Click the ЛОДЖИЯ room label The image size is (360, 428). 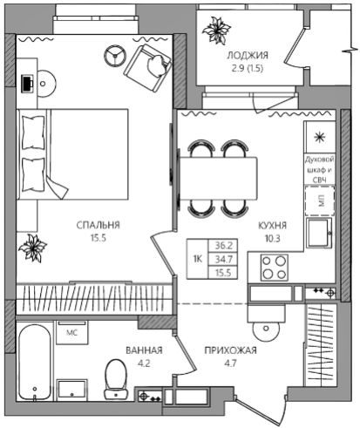(248, 55)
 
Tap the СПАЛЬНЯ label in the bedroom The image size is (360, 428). (98, 225)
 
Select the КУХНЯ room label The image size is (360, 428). (272, 226)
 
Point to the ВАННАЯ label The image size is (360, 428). (144, 350)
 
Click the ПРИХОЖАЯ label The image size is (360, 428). (230, 350)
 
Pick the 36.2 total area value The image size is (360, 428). (223, 246)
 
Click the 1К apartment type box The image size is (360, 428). (198, 259)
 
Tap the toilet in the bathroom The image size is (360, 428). (116, 379)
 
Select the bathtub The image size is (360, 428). (35, 363)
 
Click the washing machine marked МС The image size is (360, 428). (71, 332)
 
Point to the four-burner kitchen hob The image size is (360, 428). (275, 268)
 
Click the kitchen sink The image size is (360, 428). (319, 233)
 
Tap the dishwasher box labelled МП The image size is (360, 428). (320, 200)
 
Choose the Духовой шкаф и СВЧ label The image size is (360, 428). (319, 170)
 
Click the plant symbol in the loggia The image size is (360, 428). (216, 31)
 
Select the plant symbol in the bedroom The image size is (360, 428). (32, 248)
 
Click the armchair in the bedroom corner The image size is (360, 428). (147, 69)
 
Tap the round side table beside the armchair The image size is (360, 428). (115, 56)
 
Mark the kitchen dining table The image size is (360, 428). (219, 178)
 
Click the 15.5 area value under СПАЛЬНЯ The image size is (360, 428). (98, 238)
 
